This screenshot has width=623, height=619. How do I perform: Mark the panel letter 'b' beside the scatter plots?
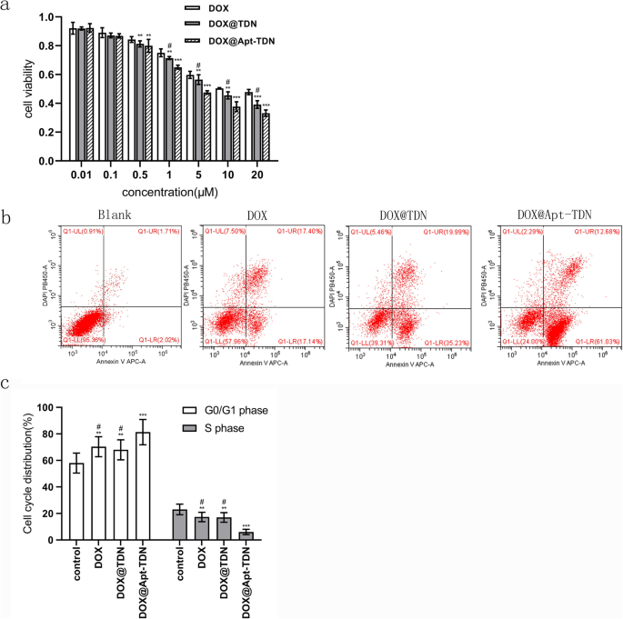tap(7, 219)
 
